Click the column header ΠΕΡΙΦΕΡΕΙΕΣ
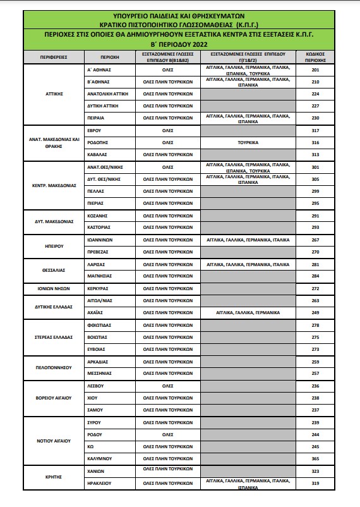pyautogui.click(x=53, y=58)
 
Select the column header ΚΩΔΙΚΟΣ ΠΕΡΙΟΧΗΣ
pyautogui.click(x=315, y=58)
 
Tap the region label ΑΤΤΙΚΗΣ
pyautogui.click(x=53, y=93)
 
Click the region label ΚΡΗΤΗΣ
pyautogui.click(x=53, y=478)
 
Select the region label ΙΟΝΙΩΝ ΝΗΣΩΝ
pyautogui.click(x=53, y=288)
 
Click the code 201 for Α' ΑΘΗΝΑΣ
pyautogui.click(x=315, y=70)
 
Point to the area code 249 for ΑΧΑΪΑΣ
pyautogui.click(x=315, y=312)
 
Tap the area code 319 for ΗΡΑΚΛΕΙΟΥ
pyautogui.click(x=315, y=484)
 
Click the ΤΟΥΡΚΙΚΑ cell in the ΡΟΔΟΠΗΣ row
pyautogui.click(x=248, y=142)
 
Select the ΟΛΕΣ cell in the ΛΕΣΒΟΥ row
pyautogui.click(x=168, y=386)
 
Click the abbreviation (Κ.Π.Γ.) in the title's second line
pyautogui.click(x=237, y=23)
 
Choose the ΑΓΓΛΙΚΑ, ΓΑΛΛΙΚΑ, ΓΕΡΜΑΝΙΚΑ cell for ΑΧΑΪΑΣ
pyautogui.click(x=248, y=312)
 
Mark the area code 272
pyautogui.click(x=315, y=288)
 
